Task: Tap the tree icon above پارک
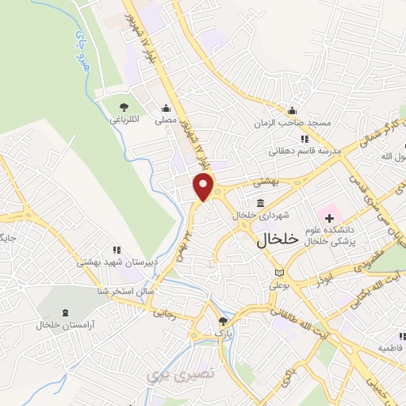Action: (x=224, y=320)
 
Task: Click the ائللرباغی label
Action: (x=124, y=120)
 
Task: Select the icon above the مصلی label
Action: (x=166, y=109)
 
